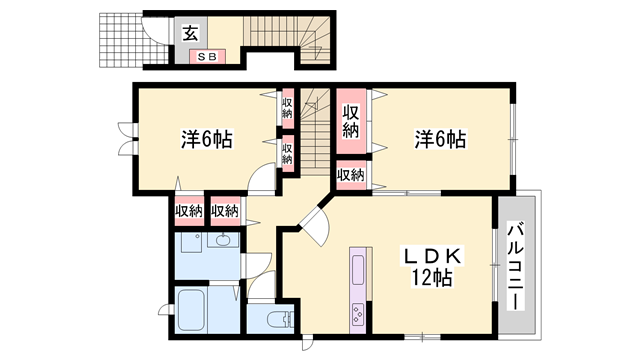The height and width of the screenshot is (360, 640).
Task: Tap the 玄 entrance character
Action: pos(189,32)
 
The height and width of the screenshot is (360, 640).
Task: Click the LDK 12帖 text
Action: pos(427,267)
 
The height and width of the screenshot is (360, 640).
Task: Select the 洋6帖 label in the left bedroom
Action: pos(206,139)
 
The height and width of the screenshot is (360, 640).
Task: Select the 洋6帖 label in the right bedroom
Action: pos(440,139)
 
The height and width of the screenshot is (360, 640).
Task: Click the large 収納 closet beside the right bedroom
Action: pos(350,121)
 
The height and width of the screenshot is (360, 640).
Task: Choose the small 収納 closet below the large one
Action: pos(350,176)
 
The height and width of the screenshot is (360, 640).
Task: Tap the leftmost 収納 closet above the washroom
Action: pos(189,210)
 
